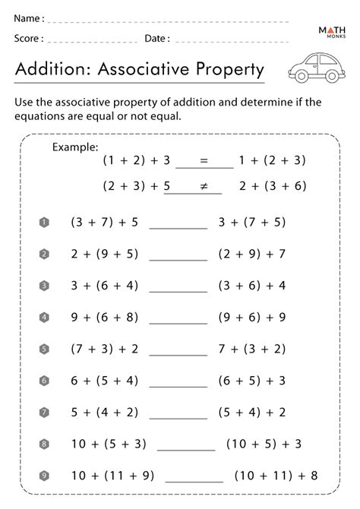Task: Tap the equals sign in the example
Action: [x=203, y=161]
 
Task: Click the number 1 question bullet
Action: [x=44, y=222]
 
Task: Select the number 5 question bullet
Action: [x=44, y=349]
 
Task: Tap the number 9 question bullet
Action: [x=44, y=476]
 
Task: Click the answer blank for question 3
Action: [x=178, y=289]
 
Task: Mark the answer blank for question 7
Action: [x=178, y=417]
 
